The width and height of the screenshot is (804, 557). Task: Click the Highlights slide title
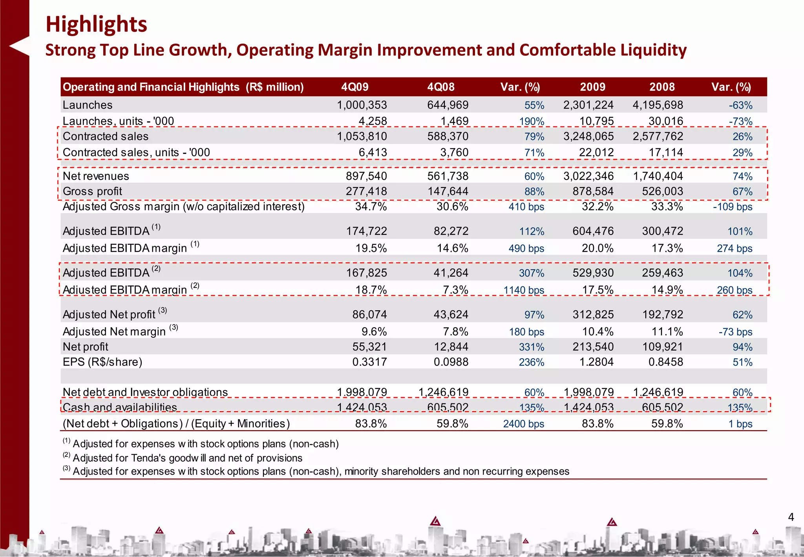pos(96,24)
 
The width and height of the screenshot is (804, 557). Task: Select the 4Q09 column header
pos(354,87)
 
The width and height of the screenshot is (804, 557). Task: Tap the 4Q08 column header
pos(440,87)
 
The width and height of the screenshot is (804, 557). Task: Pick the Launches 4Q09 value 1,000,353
pos(362,105)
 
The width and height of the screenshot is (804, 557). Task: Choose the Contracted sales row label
pos(105,136)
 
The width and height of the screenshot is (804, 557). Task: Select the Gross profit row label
pos(92,191)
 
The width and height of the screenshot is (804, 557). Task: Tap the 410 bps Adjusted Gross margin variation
pos(526,207)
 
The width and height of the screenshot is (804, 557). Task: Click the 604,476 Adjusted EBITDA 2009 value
pos(593,231)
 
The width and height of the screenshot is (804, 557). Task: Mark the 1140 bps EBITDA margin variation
pos(524,290)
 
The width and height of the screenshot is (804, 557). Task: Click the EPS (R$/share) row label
pos(102,362)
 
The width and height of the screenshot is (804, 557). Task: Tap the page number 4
pos(791,517)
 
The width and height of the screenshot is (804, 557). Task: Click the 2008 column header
pos(662,87)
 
